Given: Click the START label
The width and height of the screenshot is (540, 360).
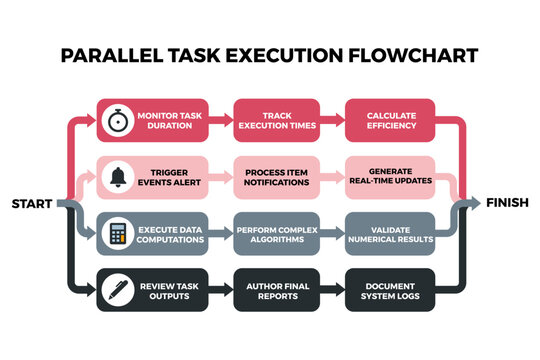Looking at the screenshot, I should click(32, 205).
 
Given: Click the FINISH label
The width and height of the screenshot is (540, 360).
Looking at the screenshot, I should click(508, 203).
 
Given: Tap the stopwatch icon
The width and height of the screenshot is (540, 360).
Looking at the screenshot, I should click(118, 122).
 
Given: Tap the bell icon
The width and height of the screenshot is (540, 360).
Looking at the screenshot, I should click(118, 178).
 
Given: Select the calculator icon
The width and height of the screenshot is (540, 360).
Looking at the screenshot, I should click(118, 234).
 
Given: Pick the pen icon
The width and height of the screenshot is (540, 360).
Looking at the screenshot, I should click(118, 290).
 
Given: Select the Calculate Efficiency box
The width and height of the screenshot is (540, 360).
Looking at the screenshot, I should click(391, 122).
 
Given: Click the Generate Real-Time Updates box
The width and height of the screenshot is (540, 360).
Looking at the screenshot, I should click(391, 178).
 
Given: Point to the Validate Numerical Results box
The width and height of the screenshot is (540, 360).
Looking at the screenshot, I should click(391, 234).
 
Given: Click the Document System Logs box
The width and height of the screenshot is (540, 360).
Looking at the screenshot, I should click(391, 290).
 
